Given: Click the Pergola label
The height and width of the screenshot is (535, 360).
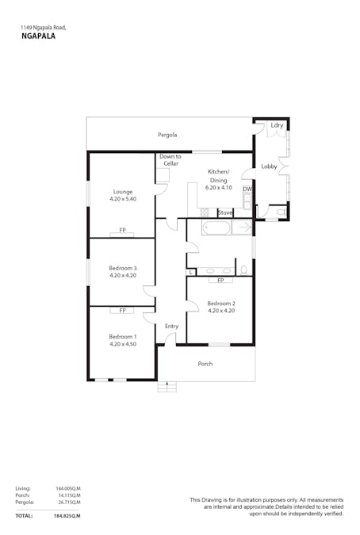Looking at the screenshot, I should tap(167, 135).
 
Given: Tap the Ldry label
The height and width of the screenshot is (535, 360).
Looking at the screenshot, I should tap(277, 125).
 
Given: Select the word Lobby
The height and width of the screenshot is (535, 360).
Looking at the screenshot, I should tap(269, 166).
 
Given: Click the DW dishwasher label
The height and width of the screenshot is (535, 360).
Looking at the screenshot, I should tap(247, 189).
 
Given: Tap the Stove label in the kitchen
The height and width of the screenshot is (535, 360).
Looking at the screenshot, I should tap(225, 212).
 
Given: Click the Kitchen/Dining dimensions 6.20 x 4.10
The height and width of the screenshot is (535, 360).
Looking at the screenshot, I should tap(218, 188).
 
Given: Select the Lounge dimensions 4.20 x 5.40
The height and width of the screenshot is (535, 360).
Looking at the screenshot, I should tap(123, 199).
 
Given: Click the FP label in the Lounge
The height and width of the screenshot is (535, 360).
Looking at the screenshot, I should tap(123, 230).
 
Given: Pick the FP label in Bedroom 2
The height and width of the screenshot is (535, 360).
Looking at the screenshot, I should tap(220, 281).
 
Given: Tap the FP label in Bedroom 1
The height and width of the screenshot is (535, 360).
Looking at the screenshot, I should tap(123, 311).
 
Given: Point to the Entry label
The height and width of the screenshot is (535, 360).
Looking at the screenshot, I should tap(171, 326).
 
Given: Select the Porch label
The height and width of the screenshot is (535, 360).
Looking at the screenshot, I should tap(205, 364).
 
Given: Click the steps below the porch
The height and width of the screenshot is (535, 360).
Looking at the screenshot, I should tap(166, 387).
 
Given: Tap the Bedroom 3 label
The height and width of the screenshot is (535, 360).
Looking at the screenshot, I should tap(123, 268).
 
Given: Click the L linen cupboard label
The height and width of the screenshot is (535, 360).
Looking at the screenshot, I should tap(190, 272).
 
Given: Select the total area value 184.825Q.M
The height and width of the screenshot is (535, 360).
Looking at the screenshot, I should tap(67, 516).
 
